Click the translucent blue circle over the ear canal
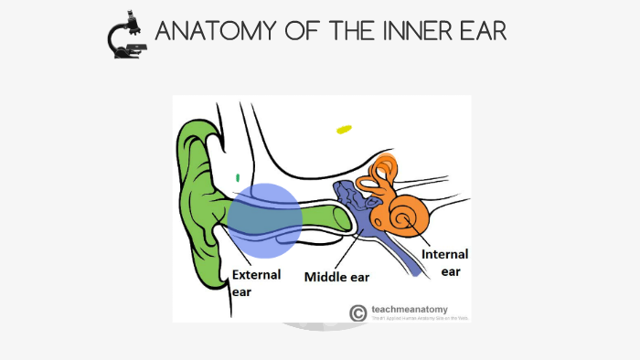point(263,219)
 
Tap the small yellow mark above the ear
point(344,130)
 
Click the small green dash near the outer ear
point(238,177)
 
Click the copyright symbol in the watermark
point(358,312)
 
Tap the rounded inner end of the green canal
point(342,218)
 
